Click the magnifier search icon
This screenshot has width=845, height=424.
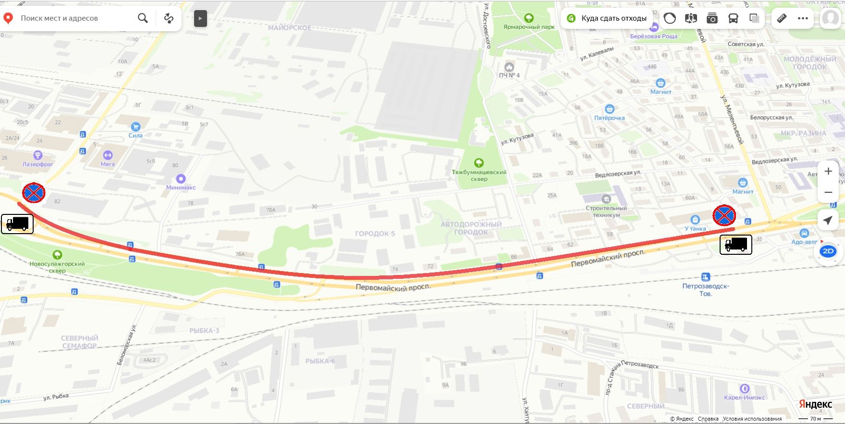pos(143,18)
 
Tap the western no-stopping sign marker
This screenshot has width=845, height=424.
pos(34,193)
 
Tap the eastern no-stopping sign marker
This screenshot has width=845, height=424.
pos(724,215)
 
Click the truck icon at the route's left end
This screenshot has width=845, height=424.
pos(17,224)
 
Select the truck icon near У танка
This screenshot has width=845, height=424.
pos(735,245)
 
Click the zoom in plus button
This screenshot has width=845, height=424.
pos(828,172)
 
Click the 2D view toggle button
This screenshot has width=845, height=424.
pos(828,251)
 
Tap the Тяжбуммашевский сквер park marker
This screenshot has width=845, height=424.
pos(478,163)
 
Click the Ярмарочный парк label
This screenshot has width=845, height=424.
pos(529,27)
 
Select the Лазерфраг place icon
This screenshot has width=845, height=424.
pos(38,155)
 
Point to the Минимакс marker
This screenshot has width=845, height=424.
pos(181,179)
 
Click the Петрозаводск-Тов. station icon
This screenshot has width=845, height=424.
pos(705,277)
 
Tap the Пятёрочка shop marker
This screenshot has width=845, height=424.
pos(610,109)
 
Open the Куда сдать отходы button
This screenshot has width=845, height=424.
pos(607,18)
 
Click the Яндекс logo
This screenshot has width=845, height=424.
pos(815,404)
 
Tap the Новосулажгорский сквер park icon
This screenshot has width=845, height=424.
pos(57,254)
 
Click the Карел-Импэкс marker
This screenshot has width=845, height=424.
pos(745,388)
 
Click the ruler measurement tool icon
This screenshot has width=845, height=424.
pos(782,18)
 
